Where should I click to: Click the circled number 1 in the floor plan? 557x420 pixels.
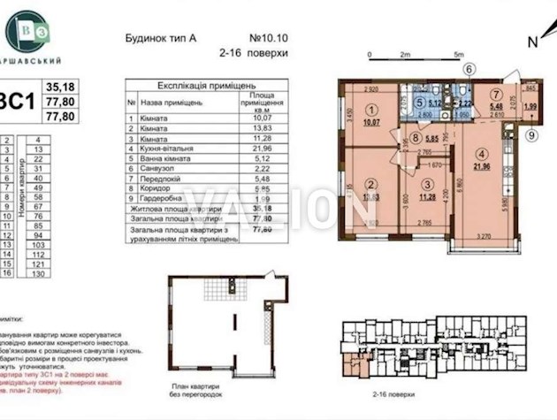372,110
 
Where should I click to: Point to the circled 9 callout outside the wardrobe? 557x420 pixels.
530,135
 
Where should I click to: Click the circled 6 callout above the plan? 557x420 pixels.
469,69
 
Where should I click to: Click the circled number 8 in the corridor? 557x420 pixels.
415,138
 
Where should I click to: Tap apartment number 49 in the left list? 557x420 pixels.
39,187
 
